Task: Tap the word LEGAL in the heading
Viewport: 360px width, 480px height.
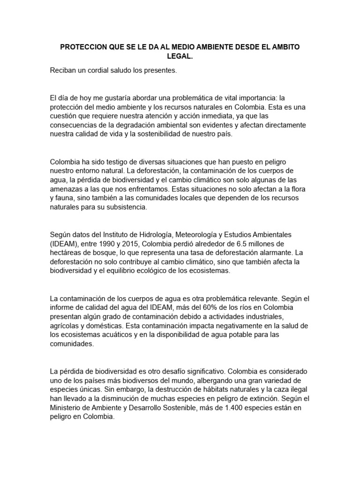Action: click(x=180, y=57)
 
